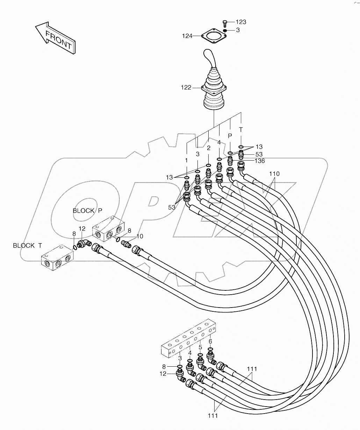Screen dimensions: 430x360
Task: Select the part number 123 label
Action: point(241,22)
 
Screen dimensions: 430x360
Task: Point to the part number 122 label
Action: point(186,87)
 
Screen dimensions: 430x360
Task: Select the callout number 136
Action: point(259,161)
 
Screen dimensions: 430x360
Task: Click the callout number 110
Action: point(274,174)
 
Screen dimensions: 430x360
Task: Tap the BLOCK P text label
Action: point(88,211)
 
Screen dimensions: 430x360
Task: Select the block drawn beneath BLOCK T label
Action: point(57,258)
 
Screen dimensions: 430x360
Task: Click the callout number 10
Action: point(139,237)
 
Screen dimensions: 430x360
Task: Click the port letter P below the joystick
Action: point(230,136)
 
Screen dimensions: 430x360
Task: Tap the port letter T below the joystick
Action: point(241,129)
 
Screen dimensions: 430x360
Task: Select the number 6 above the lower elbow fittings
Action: point(210,341)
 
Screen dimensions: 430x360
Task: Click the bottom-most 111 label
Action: point(213,416)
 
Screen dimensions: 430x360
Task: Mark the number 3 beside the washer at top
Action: point(238,30)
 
